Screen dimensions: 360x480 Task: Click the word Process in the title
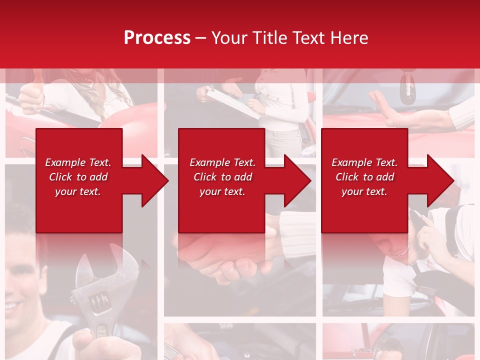point(157,38)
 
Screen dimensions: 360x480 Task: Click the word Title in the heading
point(270,38)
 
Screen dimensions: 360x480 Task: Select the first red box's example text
point(78,177)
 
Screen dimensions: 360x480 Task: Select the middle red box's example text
point(222,177)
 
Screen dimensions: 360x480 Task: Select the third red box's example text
point(364,177)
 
